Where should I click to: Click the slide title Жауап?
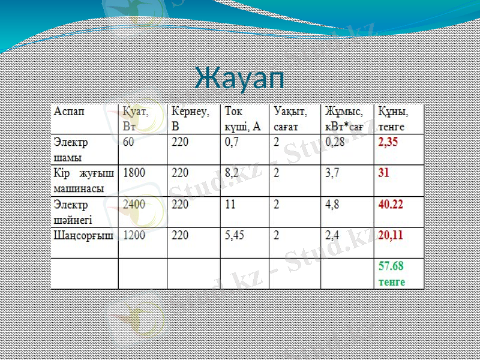[239, 78]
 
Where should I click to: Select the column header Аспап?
[70, 112]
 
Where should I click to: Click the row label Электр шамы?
[71, 150]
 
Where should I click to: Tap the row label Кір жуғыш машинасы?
[79, 180]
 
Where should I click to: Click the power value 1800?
[134, 173]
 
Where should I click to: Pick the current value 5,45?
[235, 236]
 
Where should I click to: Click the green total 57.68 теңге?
[391, 273]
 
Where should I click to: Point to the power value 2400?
[134, 205]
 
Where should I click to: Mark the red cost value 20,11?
[391, 236]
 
